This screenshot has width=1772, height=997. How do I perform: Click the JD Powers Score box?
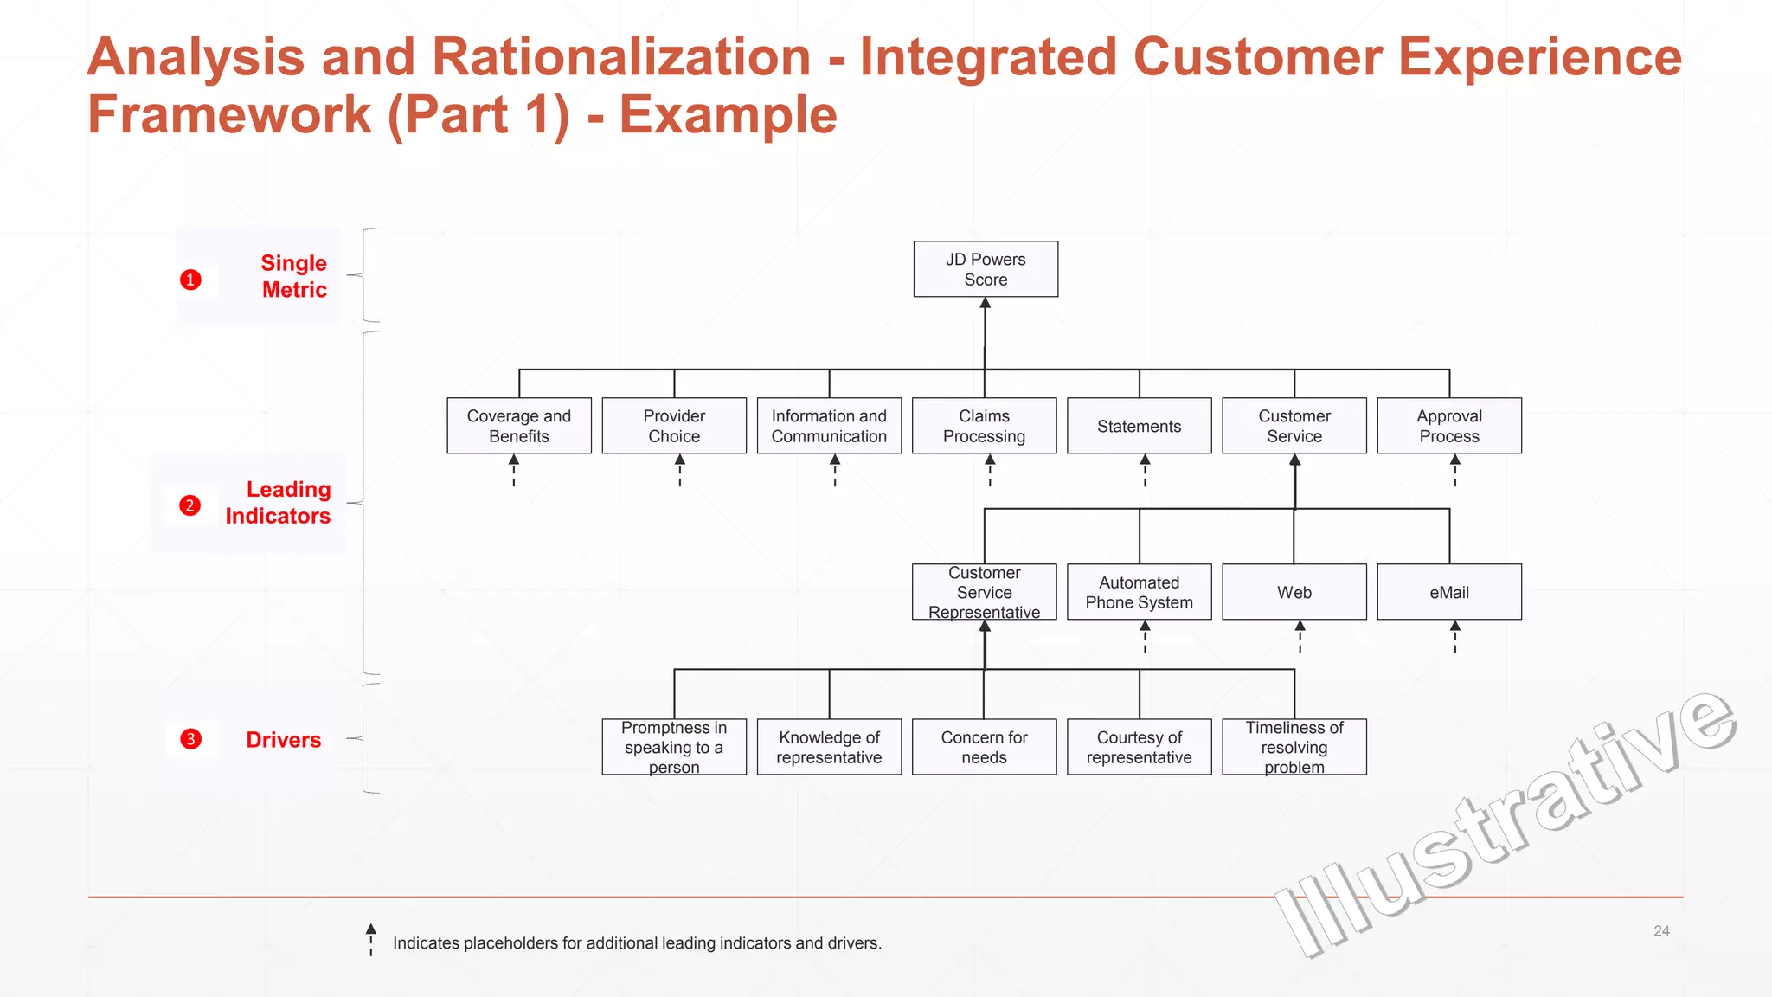tap(986, 269)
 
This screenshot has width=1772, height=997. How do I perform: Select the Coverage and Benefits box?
tap(519, 426)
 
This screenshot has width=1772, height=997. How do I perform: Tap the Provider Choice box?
tap(674, 426)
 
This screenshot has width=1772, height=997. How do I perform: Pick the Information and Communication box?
tap(829, 426)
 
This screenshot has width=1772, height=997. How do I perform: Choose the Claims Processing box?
tap(985, 426)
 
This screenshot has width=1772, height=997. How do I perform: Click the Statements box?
tap(1139, 426)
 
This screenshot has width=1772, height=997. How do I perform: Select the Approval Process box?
tap(1449, 426)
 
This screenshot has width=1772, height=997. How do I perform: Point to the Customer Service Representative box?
tap(985, 592)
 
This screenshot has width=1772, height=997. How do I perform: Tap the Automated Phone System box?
tap(1139, 592)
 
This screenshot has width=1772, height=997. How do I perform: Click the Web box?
tap(1294, 592)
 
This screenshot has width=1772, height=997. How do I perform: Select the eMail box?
tap(1449, 592)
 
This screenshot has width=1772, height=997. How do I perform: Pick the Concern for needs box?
tap(985, 747)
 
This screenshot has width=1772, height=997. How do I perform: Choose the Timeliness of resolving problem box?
tap(1294, 747)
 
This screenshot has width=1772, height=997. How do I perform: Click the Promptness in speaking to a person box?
tap(674, 747)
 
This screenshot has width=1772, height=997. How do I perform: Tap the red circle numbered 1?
tap(190, 280)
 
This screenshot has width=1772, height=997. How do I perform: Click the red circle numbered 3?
tap(190, 739)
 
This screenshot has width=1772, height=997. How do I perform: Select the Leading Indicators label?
tap(278, 502)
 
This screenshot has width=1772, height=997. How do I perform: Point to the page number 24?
tap(1661, 931)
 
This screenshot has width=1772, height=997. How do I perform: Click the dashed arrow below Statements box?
tap(1145, 470)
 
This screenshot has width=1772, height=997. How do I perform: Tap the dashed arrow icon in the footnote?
tap(371, 939)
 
